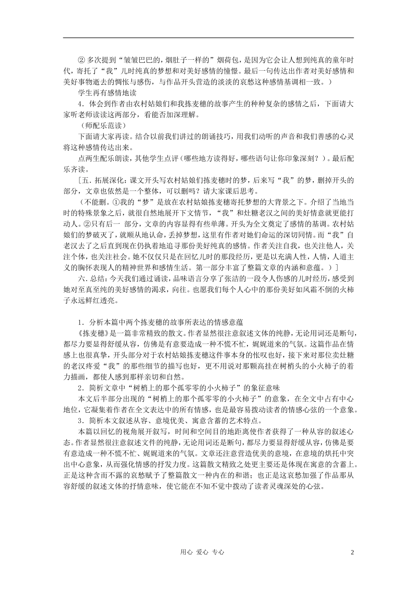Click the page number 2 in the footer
(x=352, y=552)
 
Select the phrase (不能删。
(x=93, y=202)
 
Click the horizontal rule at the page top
(x=208, y=38)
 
